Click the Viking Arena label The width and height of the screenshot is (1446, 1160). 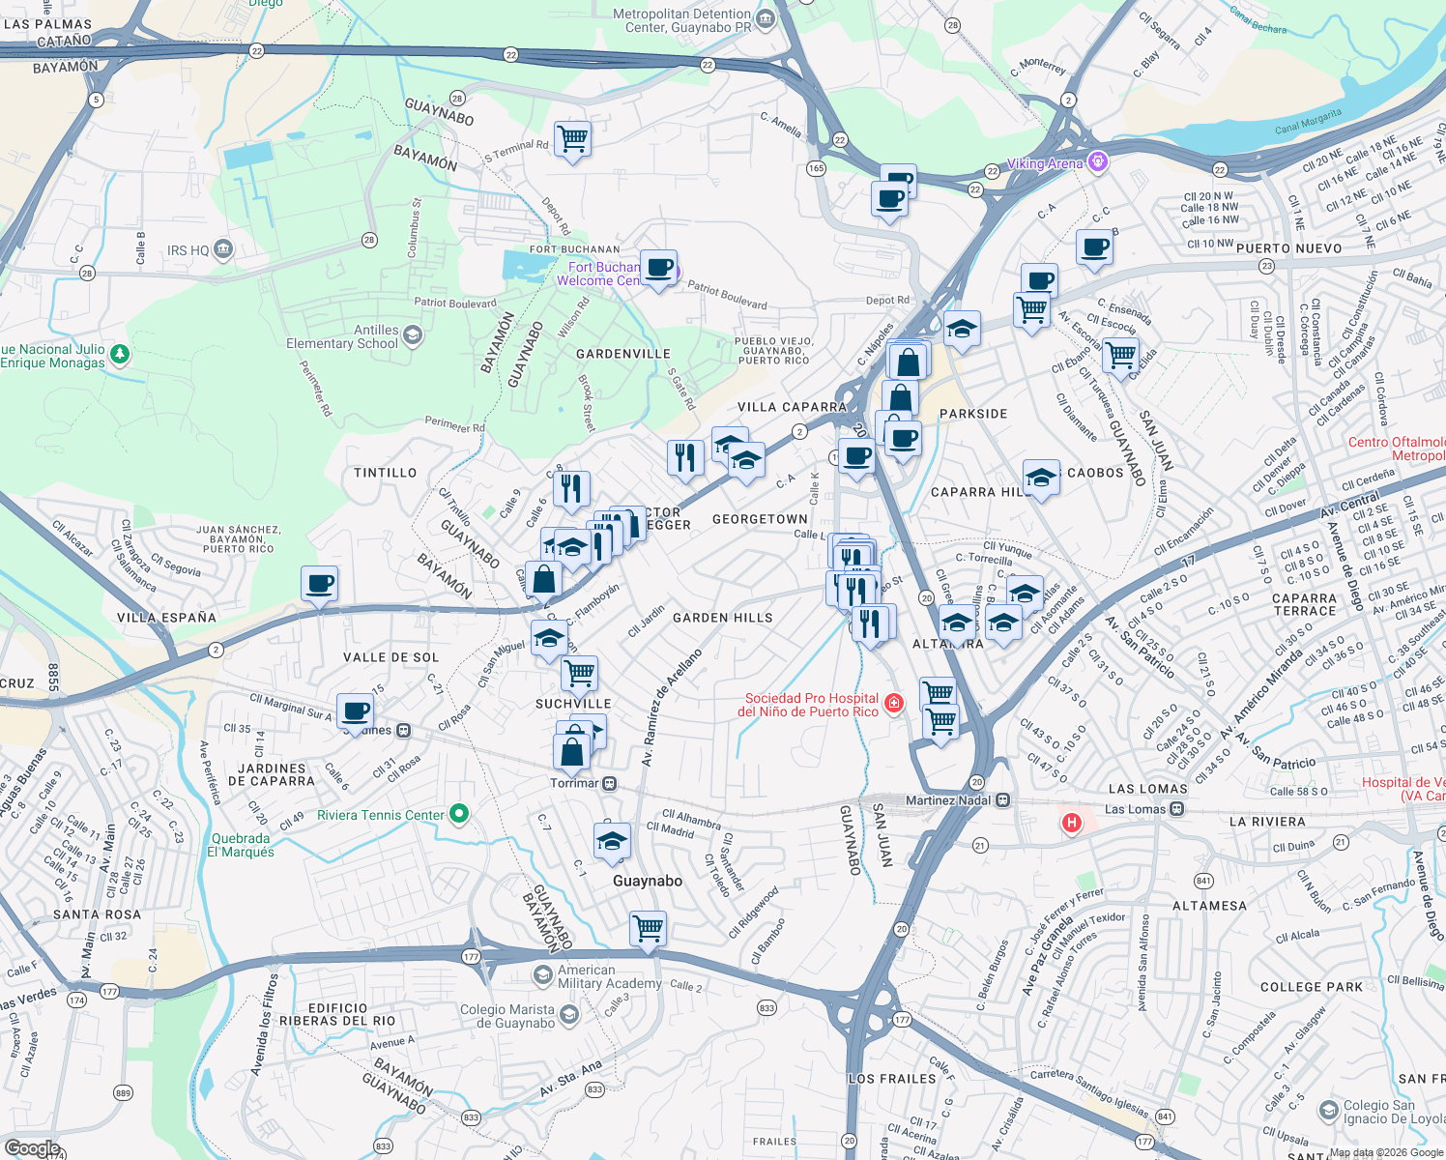pyautogui.click(x=1045, y=163)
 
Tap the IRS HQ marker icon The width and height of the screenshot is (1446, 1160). pyautogui.click(x=223, y=249)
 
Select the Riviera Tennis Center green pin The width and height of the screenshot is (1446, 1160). pyautogui.click(x=459, y=815)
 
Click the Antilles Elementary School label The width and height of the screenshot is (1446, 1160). pyautogui.click(x=341, y=336)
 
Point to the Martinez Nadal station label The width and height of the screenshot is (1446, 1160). pyautogui.click(x=947, y=800)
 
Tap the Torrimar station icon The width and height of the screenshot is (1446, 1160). pyautogui.click(x=610, y=783)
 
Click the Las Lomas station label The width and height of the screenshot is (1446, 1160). pyautogui.click(x=1135, y=809)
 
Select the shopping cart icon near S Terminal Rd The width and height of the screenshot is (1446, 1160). pyautogui.click(x=572, y=139)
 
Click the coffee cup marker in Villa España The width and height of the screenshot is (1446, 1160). pyautogui.click(x=319, y=584)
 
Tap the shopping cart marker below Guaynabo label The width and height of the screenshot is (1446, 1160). pyautogui.click(x=648, y=929)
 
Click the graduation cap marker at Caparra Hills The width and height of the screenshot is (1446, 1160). pyautogui.click(x=1041, y=478)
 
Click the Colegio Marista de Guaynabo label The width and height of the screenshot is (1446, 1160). pyautogui.click(x=507, y=1016)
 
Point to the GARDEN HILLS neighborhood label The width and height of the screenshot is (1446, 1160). pyautogui.click(x=722, y=618)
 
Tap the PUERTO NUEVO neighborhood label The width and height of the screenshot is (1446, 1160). pyautogui.click(x=1288, y=248)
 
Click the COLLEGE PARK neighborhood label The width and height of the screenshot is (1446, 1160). pyautogui.click(x=1311, y=987)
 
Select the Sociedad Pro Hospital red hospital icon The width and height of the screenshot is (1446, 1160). pyautogui.click(x=894, y=703)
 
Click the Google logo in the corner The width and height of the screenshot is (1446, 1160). pyautogui.click(x=32, y=1148)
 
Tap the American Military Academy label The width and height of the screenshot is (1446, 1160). pyautogui.click(x=609, y=976)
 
